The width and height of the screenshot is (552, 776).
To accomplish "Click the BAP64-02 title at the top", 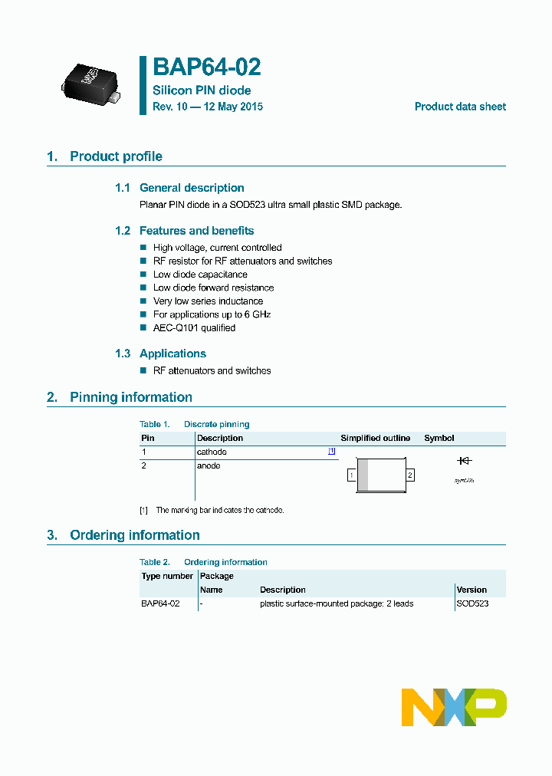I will click(207, 67).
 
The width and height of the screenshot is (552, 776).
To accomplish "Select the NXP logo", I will click(454, 707).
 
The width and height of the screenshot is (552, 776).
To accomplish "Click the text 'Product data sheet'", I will click(460, 107).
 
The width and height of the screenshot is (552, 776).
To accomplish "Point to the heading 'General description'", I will click(192, 188).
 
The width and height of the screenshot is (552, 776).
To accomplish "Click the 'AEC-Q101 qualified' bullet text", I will click(194, 328).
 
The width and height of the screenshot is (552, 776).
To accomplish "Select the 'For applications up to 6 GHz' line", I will click(212, 314).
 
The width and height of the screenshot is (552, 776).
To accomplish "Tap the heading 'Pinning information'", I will click(130, 397).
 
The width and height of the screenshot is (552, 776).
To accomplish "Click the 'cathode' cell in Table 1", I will click(212, 452).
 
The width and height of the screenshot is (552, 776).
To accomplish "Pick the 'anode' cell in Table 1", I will click(209, 466).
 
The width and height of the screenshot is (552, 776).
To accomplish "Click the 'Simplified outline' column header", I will click(376, 439).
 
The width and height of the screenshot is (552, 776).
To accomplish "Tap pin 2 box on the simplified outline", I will click(410, 475).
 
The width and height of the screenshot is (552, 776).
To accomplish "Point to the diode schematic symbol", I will click(464, 461).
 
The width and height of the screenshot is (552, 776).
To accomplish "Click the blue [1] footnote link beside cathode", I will click(332, 452).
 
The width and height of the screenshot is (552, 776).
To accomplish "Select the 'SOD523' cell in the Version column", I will click(472, 604).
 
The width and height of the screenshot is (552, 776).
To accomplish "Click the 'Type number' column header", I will click(167, 577).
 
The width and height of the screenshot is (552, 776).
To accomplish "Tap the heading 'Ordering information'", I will click(134, 535).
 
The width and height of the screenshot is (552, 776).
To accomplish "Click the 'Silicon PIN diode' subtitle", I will click(202, 90).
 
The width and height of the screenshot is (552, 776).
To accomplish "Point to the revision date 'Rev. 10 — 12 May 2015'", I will click(208, 107).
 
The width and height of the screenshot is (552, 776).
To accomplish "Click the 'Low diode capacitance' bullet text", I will click(200, 275).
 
